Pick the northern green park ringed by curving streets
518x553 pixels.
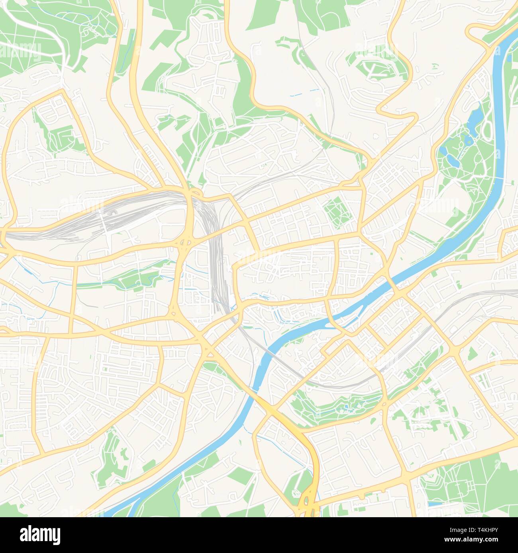click(375, 68)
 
